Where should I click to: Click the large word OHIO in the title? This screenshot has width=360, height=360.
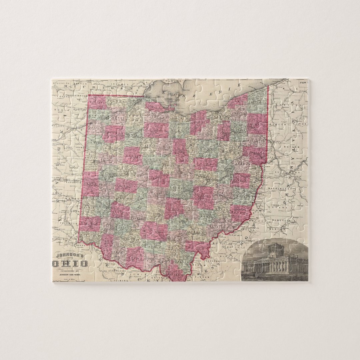pyautogui.click(x=70, y=263)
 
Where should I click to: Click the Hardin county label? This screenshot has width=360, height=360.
pyautogui.click(x=133, y=155)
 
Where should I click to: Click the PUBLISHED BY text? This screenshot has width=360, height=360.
pyautogui.click(x=70, y=271)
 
